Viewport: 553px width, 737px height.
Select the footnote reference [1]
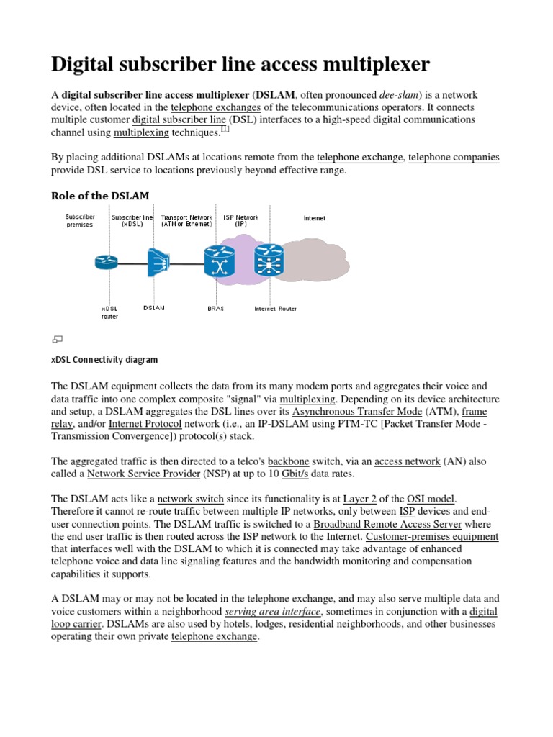225,130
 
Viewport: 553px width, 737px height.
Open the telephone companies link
454,157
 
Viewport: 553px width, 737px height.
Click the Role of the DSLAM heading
99,195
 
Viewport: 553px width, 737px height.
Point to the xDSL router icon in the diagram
105,263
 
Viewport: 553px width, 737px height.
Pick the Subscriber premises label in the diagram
79,220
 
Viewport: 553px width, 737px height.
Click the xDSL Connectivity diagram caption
105,359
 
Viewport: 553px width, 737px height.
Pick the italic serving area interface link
272,612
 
